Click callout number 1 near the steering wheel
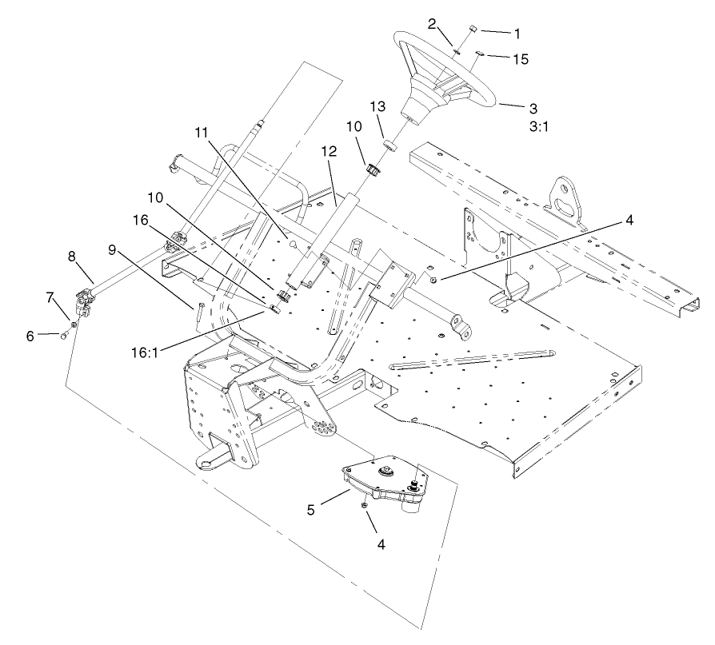pyautogui.click(x=517, y=34)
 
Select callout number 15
pyautogui.click(x=520, y=58)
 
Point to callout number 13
pyautogui.click(x=377, y=106)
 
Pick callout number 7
pyautogui.click(x=50, y=297)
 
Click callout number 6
pyautogui.click(x=30, y=336)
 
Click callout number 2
pyautogui.click(x=431, y=23)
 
